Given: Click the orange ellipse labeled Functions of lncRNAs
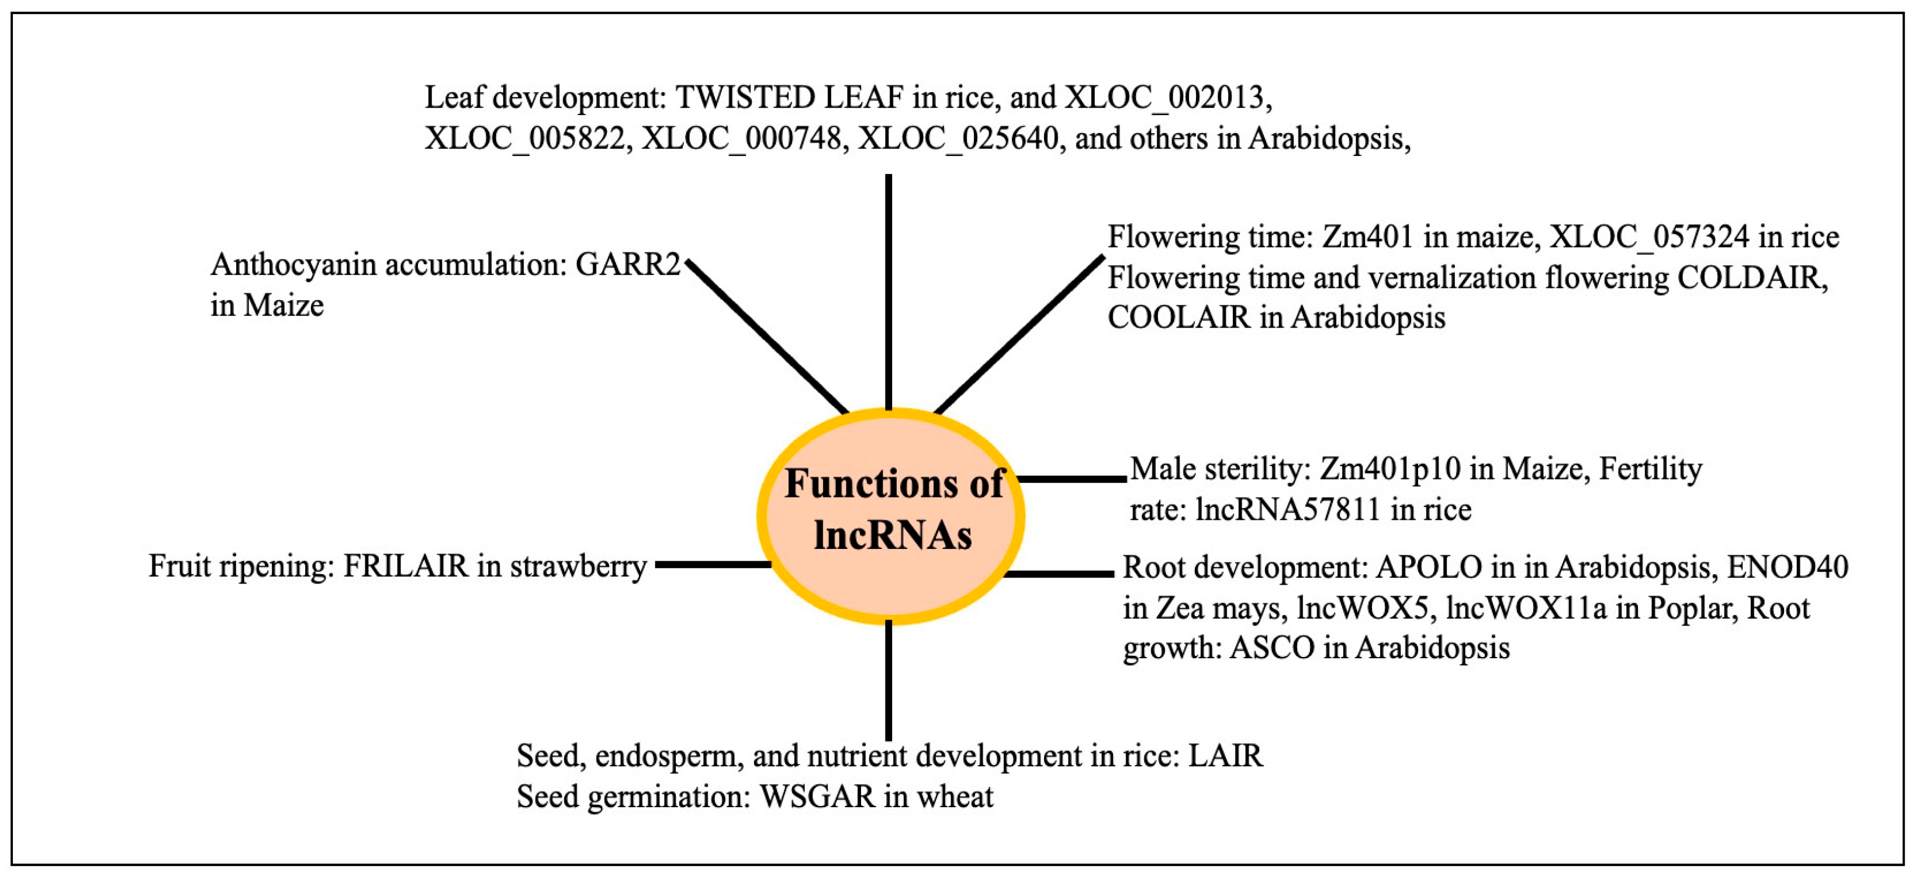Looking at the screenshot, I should click(x=891, y=516).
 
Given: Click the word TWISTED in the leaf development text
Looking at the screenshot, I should click(x=744, y=98).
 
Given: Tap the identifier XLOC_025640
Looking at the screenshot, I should click(x=957, y=139).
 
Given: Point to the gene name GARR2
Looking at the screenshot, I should click(x=628, y=265).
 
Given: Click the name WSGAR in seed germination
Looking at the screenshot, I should click(x=817, y=797).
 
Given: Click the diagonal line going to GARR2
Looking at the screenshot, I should click(x=766, y=336).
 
